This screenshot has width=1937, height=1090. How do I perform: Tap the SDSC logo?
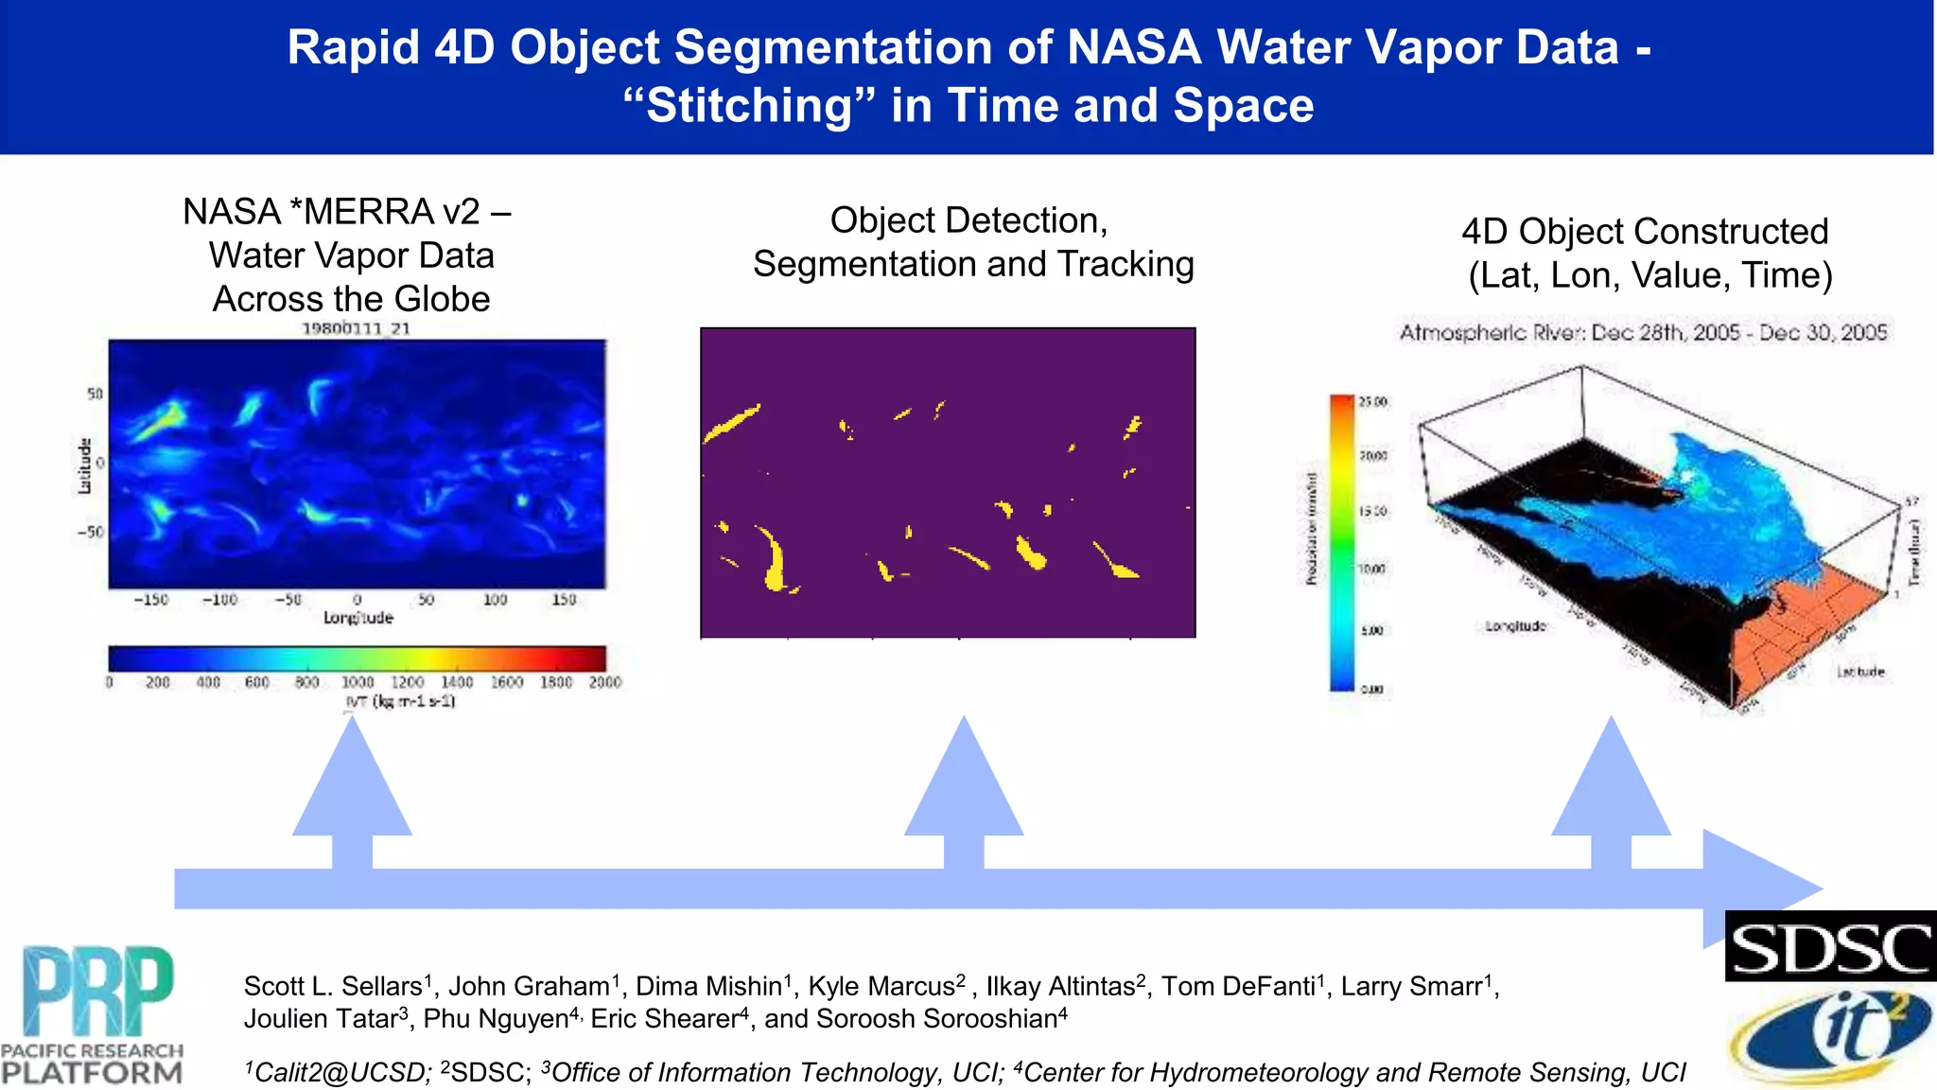point(1830,947)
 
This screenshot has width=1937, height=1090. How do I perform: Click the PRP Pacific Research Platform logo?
point(93,1015)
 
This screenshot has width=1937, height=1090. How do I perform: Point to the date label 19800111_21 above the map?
point(356,328)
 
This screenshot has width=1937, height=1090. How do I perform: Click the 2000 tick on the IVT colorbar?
point(604,682)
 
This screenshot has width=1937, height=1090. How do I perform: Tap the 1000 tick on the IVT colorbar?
point(357,682)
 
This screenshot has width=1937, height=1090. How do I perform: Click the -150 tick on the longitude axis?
point(150,600)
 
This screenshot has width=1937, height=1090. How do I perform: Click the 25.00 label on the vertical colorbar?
point(1372,402)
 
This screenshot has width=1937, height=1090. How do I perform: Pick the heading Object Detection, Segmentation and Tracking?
point(972,242)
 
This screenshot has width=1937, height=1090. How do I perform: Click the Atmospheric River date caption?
point(1643,332)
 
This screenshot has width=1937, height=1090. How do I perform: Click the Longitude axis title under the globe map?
point(358,618)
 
